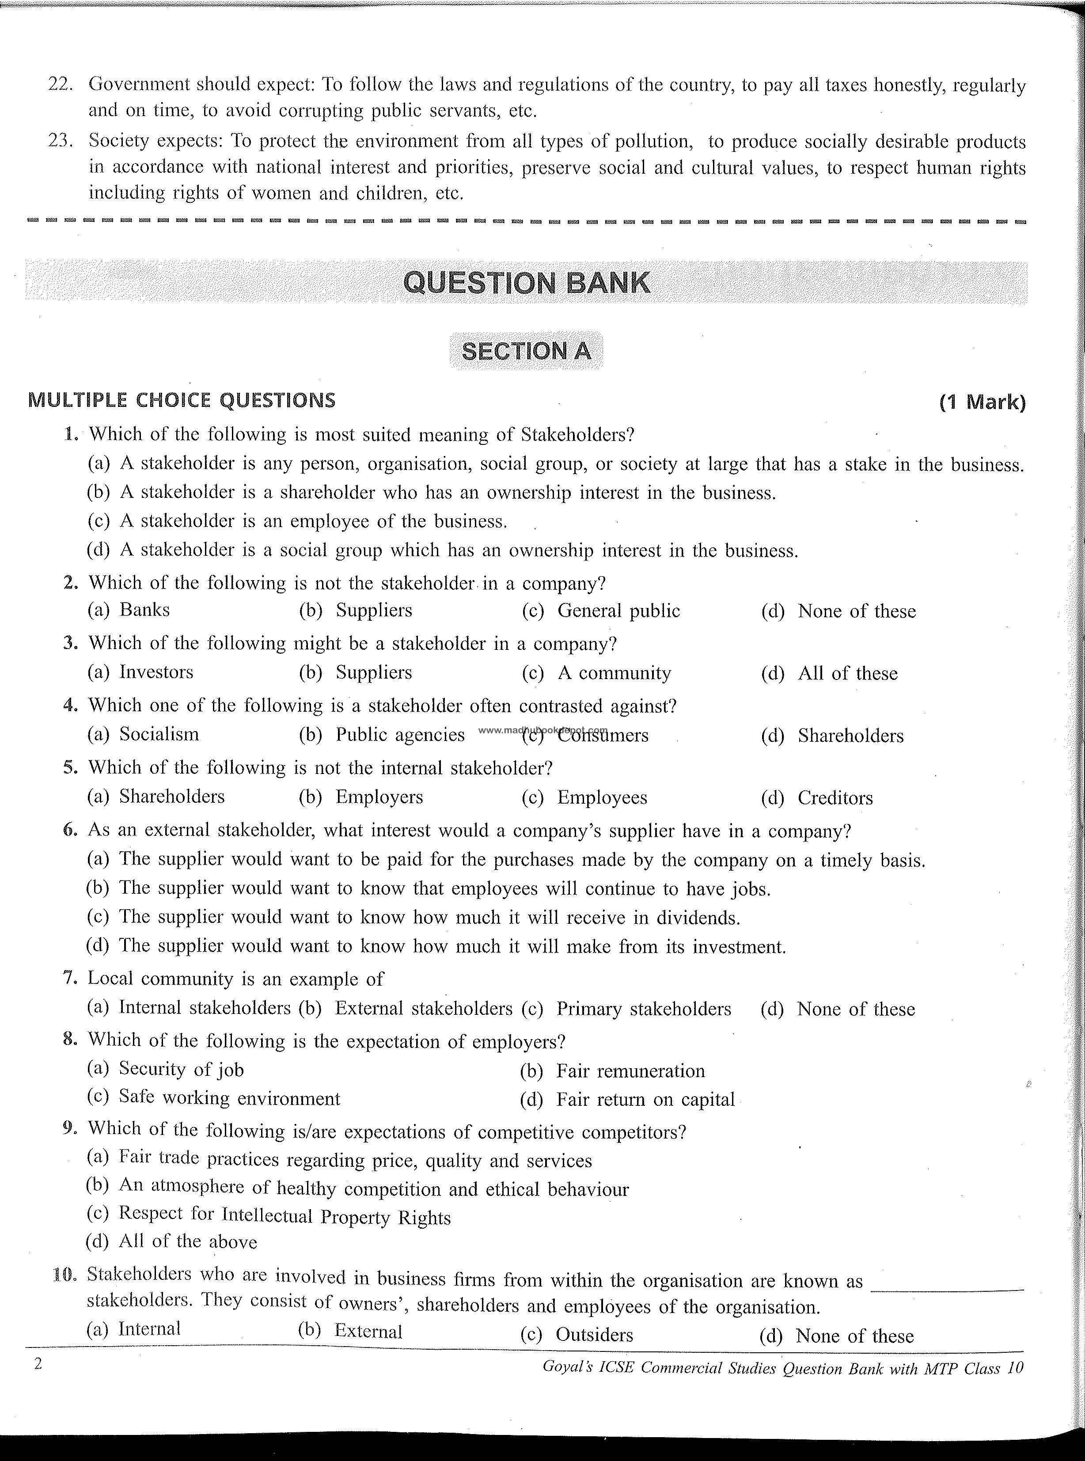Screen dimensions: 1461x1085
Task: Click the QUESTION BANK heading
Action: [x=526, y=283]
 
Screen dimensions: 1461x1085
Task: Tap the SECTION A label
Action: [x=526, y=351]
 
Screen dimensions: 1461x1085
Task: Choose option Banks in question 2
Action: [x=144, y=610]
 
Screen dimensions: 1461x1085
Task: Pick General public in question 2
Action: [x=618, y=611]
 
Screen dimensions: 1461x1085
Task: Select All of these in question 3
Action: [x=847, y=673]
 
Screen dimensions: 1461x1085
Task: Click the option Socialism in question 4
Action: [x=159, y=734]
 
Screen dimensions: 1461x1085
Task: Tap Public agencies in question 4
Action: [x=400, y=735]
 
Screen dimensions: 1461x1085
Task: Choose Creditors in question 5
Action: [x=835, y=798]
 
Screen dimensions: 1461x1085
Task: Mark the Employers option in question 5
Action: [x=379, y=797]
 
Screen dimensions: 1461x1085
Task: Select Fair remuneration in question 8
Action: [x=630, y=1071]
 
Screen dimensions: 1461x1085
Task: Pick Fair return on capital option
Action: [x=645, y=1100]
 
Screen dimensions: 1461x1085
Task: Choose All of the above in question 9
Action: [x=188, y=1242]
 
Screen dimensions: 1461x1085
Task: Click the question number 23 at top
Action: [x=60, y=141]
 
